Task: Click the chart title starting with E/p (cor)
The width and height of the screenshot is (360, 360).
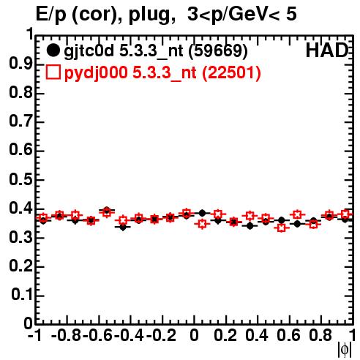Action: (x=166, y=14)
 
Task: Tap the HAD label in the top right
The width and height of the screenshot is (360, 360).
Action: (x=327, y=50)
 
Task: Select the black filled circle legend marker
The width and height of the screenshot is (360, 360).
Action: (x=53, y=50)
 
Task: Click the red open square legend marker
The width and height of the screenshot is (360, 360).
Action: (x=53, y=72)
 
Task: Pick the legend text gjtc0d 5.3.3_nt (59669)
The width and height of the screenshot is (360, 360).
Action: (x=156, y=51)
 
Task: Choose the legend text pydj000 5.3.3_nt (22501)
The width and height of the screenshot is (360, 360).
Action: (x=162, y=72)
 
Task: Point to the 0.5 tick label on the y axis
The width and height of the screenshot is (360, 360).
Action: (x=20, y=180)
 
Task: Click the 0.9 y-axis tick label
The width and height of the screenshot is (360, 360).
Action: (x=20, y=64)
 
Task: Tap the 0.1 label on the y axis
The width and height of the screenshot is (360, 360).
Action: (x=22, y=295)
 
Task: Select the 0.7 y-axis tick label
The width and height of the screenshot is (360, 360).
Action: (x=20, y=121)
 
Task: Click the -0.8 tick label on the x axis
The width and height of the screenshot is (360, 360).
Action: (x=67, y=335)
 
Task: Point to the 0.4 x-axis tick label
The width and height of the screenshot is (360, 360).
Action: (x=257, y=335)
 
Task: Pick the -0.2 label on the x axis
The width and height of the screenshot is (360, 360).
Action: (x=162, y=335)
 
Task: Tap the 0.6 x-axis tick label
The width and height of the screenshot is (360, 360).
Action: (x=288, y=335)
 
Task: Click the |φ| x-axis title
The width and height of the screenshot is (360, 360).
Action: (x=345, y=350)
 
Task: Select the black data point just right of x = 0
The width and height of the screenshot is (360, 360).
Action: (x=202, y=213)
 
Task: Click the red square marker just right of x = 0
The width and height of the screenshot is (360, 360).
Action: (x=202, y=224)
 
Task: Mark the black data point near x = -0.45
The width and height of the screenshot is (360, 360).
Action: (x=123, y=228)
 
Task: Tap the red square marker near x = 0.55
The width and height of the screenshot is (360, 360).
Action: (x=282, y=228)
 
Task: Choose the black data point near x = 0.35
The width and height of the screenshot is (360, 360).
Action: (x=250, y=226)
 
